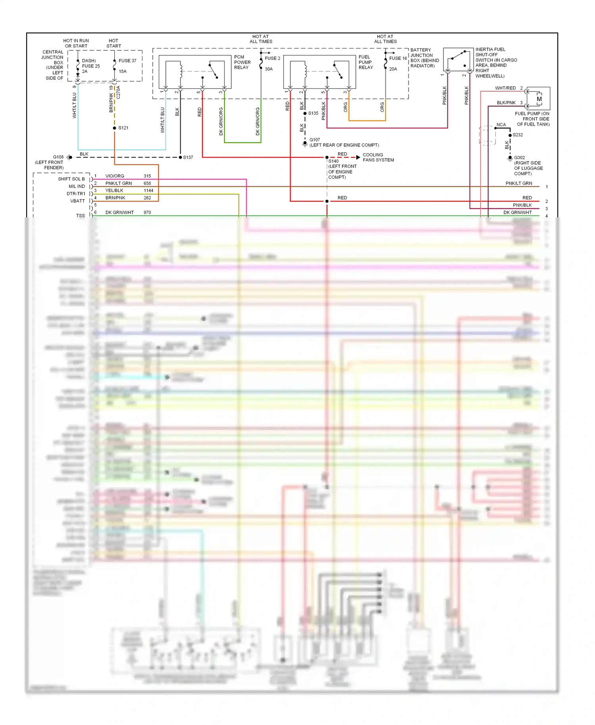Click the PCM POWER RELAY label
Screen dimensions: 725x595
[242, 62]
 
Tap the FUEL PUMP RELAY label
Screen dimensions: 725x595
[366, 62]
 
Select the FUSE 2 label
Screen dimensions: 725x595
[273, 58]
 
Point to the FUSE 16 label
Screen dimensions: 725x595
[398, 58]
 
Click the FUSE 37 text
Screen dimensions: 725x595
[127, 61]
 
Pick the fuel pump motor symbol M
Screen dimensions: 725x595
[539, 99]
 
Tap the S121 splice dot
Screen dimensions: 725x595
[115, 128]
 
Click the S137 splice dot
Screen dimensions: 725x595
[180, 157]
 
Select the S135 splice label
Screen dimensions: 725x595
[313, 113]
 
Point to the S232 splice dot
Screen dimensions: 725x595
[510, 135]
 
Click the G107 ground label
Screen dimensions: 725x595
[315, 140]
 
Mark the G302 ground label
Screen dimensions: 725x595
[520, 157]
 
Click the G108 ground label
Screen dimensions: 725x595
[58, 157]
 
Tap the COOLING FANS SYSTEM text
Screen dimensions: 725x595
[378, 157]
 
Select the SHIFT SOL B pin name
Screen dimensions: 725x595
[71, 179]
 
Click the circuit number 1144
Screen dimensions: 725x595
[148, 190]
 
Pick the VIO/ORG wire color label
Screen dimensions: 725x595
[115, 176]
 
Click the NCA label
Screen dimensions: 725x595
[501, 125]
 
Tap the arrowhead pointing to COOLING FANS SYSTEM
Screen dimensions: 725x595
[358, 157]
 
